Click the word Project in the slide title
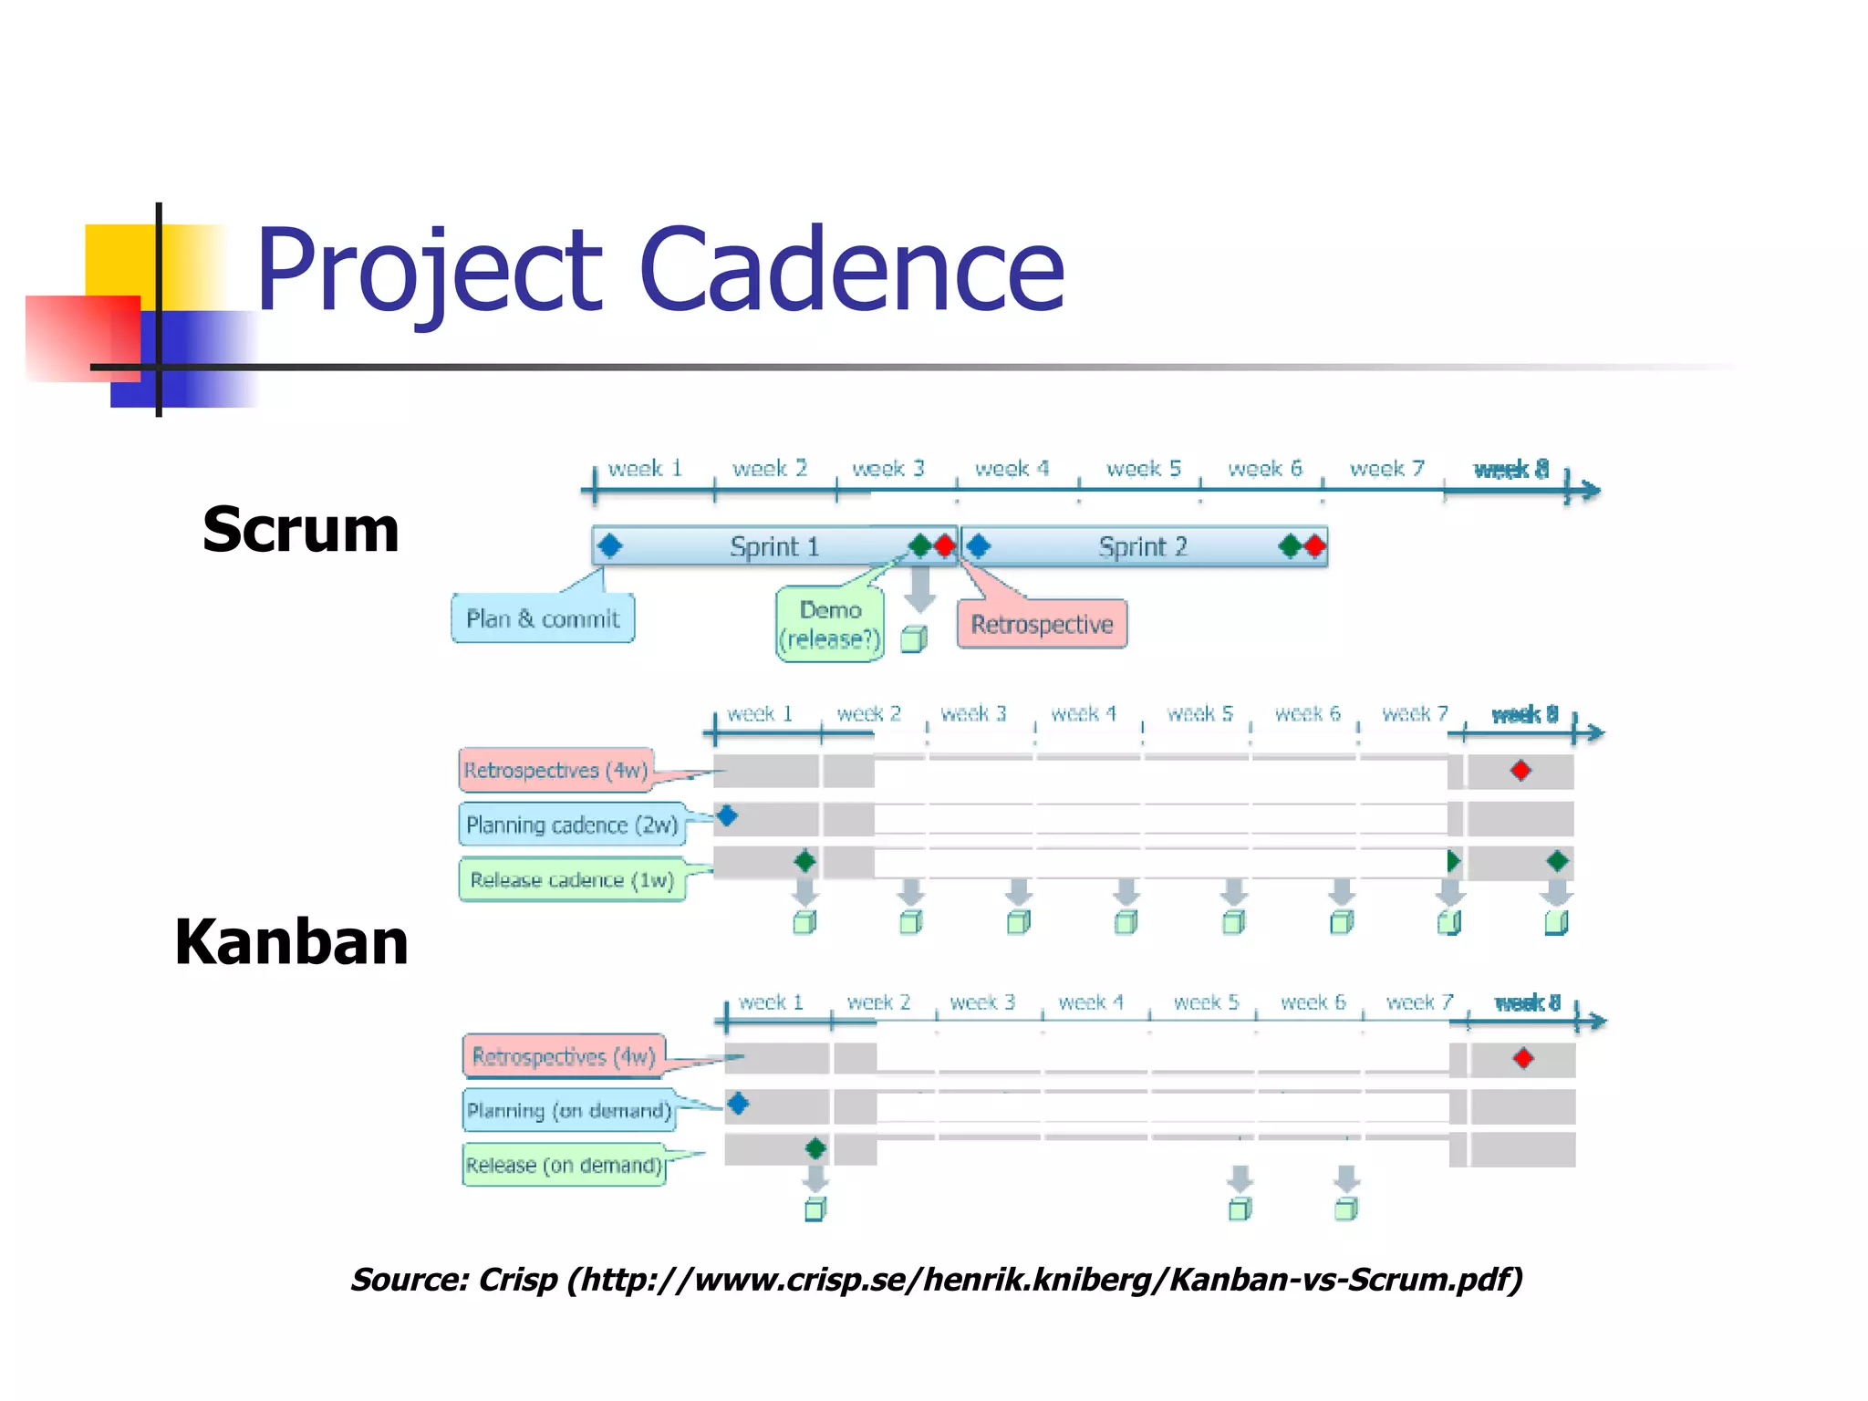pos(429,270)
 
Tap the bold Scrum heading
pos(300,529)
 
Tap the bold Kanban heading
pos(291,942)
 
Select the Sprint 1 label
pos(774,546)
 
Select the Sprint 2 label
pos(1142,546)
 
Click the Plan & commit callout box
pos(543,618)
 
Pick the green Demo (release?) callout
pos(829,624)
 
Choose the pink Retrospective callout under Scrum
pos(1042,624)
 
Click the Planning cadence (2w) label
pos(572,825)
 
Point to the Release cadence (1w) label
pos(572,879)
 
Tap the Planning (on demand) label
pos(569,1110)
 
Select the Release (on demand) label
pos(564,1165)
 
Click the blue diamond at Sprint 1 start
pos(609,546)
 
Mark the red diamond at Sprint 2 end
pos(1313,546)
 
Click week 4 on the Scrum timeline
pos(1012,469)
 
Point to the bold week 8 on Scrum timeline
pos(1510,469)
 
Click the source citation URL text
pos(937,1279)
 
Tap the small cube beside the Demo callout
pos(913,639)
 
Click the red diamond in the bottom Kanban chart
pos(1522,1059)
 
